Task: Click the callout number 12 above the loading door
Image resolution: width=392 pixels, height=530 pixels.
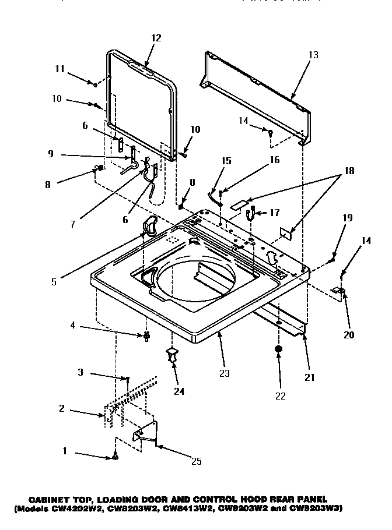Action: (x=156, y=38)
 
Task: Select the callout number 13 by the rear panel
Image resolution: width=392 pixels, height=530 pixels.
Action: (x=313, y=55)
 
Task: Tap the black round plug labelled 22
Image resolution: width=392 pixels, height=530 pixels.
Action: (x=279, y=350)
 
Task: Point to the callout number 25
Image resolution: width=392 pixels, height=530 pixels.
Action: (x=197, y=461)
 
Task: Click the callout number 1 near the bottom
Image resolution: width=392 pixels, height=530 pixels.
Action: (x=65, y=451)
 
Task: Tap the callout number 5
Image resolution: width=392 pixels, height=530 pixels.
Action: (x=54, y=282)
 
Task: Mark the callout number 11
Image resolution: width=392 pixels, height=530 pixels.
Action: (x=60, y=69)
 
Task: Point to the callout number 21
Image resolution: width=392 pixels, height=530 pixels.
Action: (x=310, y=377)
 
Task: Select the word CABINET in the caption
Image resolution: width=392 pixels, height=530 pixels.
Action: (x=50, y=499)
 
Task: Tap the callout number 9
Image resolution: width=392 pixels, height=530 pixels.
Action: (x=51, y=155)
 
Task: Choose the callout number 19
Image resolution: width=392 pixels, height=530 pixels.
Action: (x=347, y=219)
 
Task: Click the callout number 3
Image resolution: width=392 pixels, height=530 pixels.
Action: (x=81, y=372)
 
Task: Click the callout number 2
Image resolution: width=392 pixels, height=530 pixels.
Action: (x=61, y=408)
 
